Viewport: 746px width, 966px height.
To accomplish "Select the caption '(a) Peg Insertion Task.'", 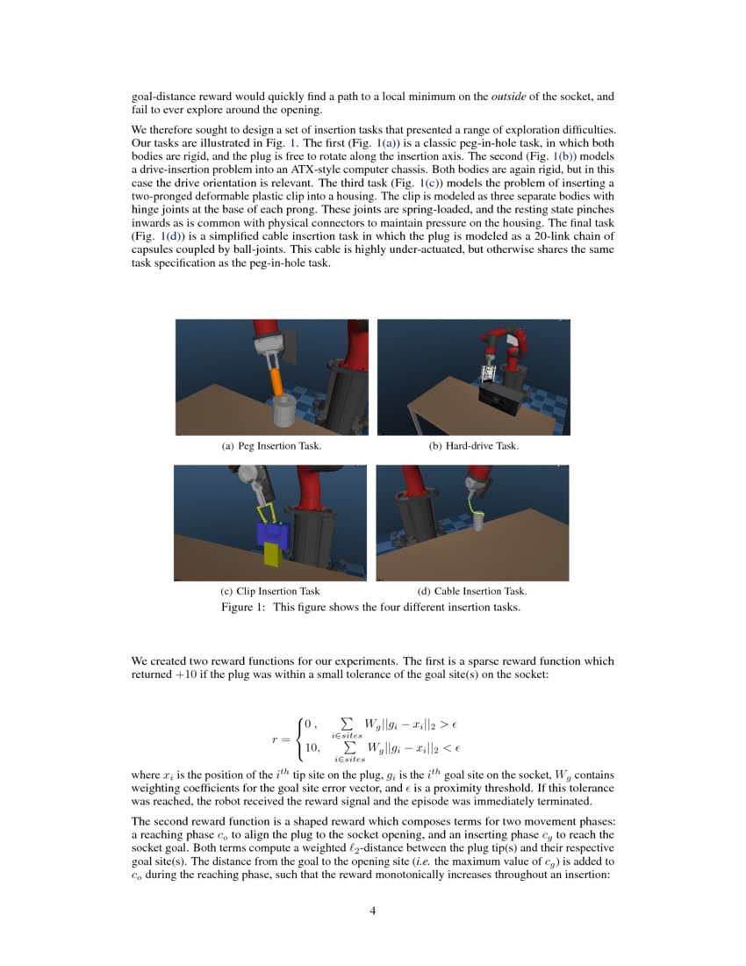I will click(x=271, y=446).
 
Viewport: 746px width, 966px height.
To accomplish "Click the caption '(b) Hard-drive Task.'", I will click(x=473, y=446).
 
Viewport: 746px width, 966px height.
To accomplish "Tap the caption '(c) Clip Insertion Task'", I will click(x=270, y=591).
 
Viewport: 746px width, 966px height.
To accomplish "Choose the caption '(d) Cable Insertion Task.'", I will click(x=472, y=591).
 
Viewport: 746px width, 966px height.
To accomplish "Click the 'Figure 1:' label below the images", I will click(x=243, y=607).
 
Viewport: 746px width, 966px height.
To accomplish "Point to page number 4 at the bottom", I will click(x=373, y=911).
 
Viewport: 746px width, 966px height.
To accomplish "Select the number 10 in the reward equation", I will click(x=311, y=747).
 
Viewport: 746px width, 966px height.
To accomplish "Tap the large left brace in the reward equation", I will click(x=299, y=737).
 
